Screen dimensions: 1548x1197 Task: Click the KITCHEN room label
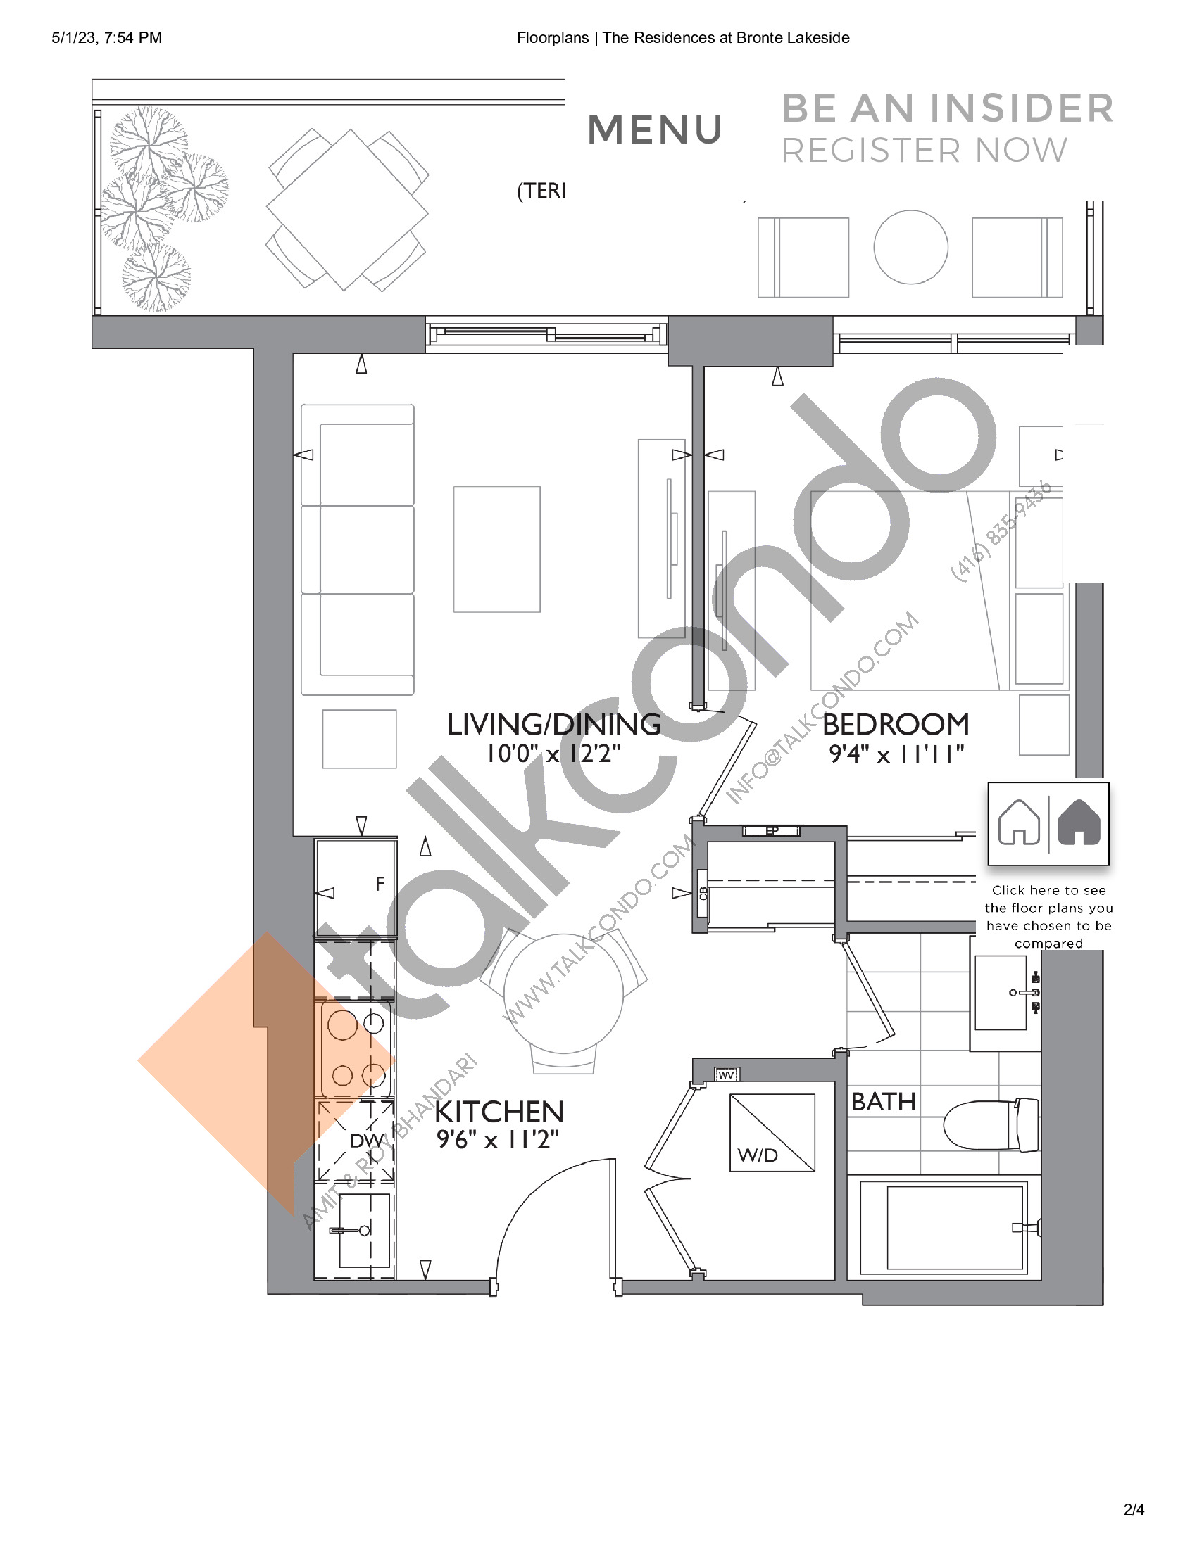(x=499, y=1111)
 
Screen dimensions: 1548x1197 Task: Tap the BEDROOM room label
(x=896, y=724)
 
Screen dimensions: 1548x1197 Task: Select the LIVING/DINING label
(x=553, y=724)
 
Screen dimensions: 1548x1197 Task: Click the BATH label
(x=884, y=1102)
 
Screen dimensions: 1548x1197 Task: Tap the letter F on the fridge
(x=380, y=884)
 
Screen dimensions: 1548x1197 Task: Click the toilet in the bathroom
(x=989, y=1125)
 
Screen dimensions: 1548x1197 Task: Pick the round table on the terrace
(x=910, y=248)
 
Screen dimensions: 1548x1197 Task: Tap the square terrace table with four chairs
(x=346, y=210)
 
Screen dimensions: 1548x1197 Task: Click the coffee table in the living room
(x=496, y=549)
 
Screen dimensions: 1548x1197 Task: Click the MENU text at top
(x=655, y=130)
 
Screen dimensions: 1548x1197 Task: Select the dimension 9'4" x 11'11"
(x=896, y=754)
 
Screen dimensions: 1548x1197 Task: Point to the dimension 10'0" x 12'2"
(x=553, y=754)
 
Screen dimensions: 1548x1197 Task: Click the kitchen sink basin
(x=365, y=1231)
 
